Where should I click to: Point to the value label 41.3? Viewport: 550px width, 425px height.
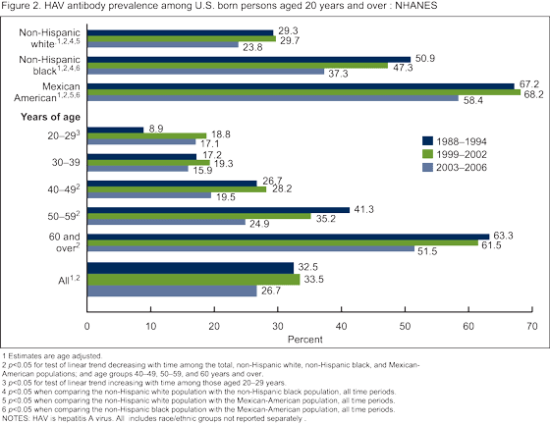point(365,210)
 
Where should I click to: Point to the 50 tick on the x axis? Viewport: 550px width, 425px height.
point(405,324)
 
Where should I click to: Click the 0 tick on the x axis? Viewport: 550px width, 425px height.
point(87,324)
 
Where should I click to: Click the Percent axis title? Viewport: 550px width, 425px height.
point(309,339)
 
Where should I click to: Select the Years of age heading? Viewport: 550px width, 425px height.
point(47,116)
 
